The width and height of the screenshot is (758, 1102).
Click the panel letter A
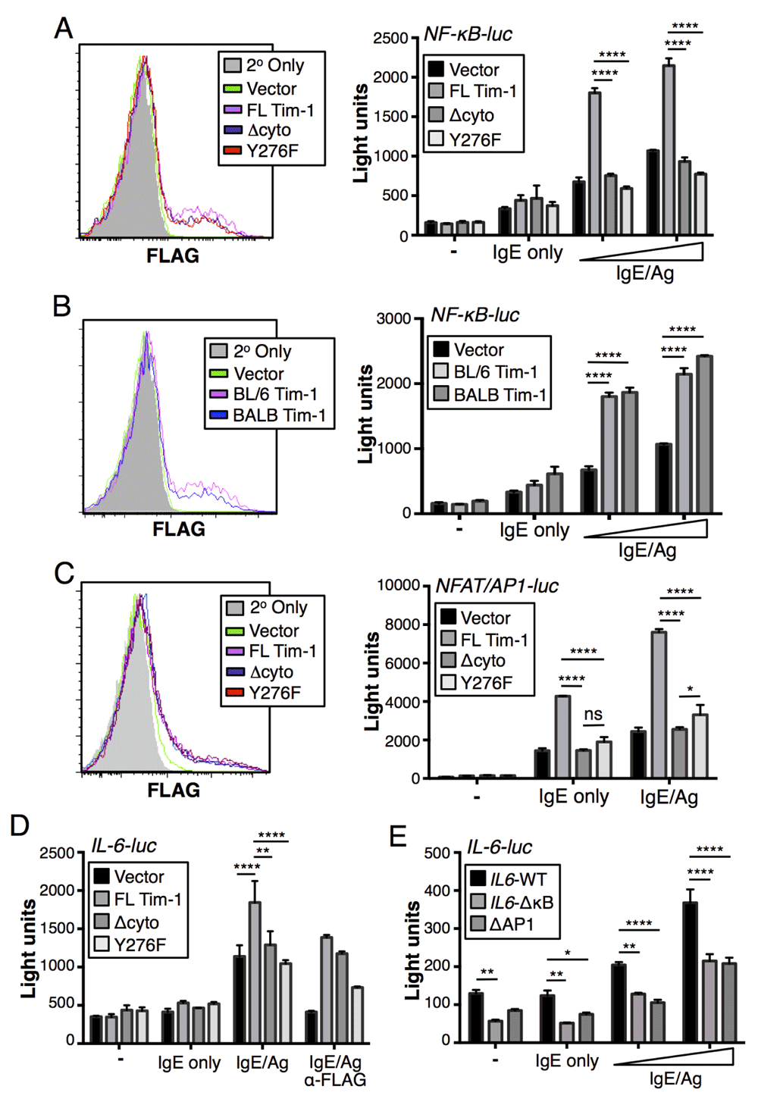64,29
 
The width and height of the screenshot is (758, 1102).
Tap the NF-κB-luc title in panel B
475,315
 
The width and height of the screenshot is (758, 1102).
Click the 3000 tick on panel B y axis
393,318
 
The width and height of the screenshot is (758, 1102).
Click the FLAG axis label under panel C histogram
174,790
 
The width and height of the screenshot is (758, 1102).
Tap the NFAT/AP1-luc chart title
496,586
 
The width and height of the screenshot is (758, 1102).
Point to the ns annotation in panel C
593,714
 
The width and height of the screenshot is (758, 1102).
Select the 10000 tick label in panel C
399,585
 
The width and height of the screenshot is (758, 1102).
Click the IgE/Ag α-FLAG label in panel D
335,1070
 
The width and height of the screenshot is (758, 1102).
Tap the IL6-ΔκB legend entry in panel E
522,902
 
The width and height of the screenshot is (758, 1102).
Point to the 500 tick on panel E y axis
437,853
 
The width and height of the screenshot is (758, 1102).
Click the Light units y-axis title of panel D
29,947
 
